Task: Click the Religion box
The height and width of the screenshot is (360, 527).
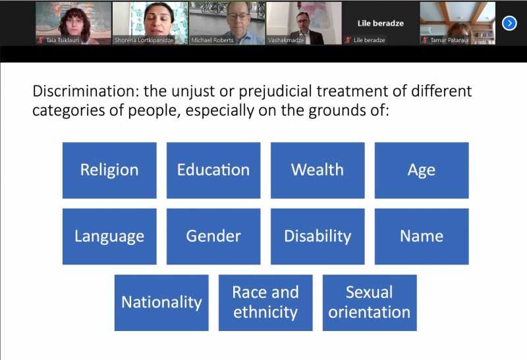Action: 109,170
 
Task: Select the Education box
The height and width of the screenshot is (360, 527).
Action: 213,170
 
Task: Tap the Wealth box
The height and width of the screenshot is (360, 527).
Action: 318,170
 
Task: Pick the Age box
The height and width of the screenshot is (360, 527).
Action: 422,170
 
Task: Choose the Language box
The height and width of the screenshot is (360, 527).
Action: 109,236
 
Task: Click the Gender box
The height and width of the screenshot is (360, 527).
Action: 213,236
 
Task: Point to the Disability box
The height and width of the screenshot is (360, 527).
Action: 318,236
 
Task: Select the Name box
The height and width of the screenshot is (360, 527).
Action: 422,236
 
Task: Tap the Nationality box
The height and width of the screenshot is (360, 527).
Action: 161,303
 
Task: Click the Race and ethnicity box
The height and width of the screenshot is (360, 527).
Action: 265,303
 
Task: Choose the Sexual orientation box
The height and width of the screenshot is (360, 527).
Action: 370,303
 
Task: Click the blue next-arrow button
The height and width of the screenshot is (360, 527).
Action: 509,23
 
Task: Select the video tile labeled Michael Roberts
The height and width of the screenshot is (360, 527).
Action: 227,23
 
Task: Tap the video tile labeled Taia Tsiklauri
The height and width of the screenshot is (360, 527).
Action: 74,23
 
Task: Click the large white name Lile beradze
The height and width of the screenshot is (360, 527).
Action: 381,23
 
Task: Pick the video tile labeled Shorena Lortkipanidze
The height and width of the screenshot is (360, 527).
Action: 150,23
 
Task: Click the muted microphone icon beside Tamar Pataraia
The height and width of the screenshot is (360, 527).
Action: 425,40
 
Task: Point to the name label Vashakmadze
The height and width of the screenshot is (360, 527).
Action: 286,40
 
